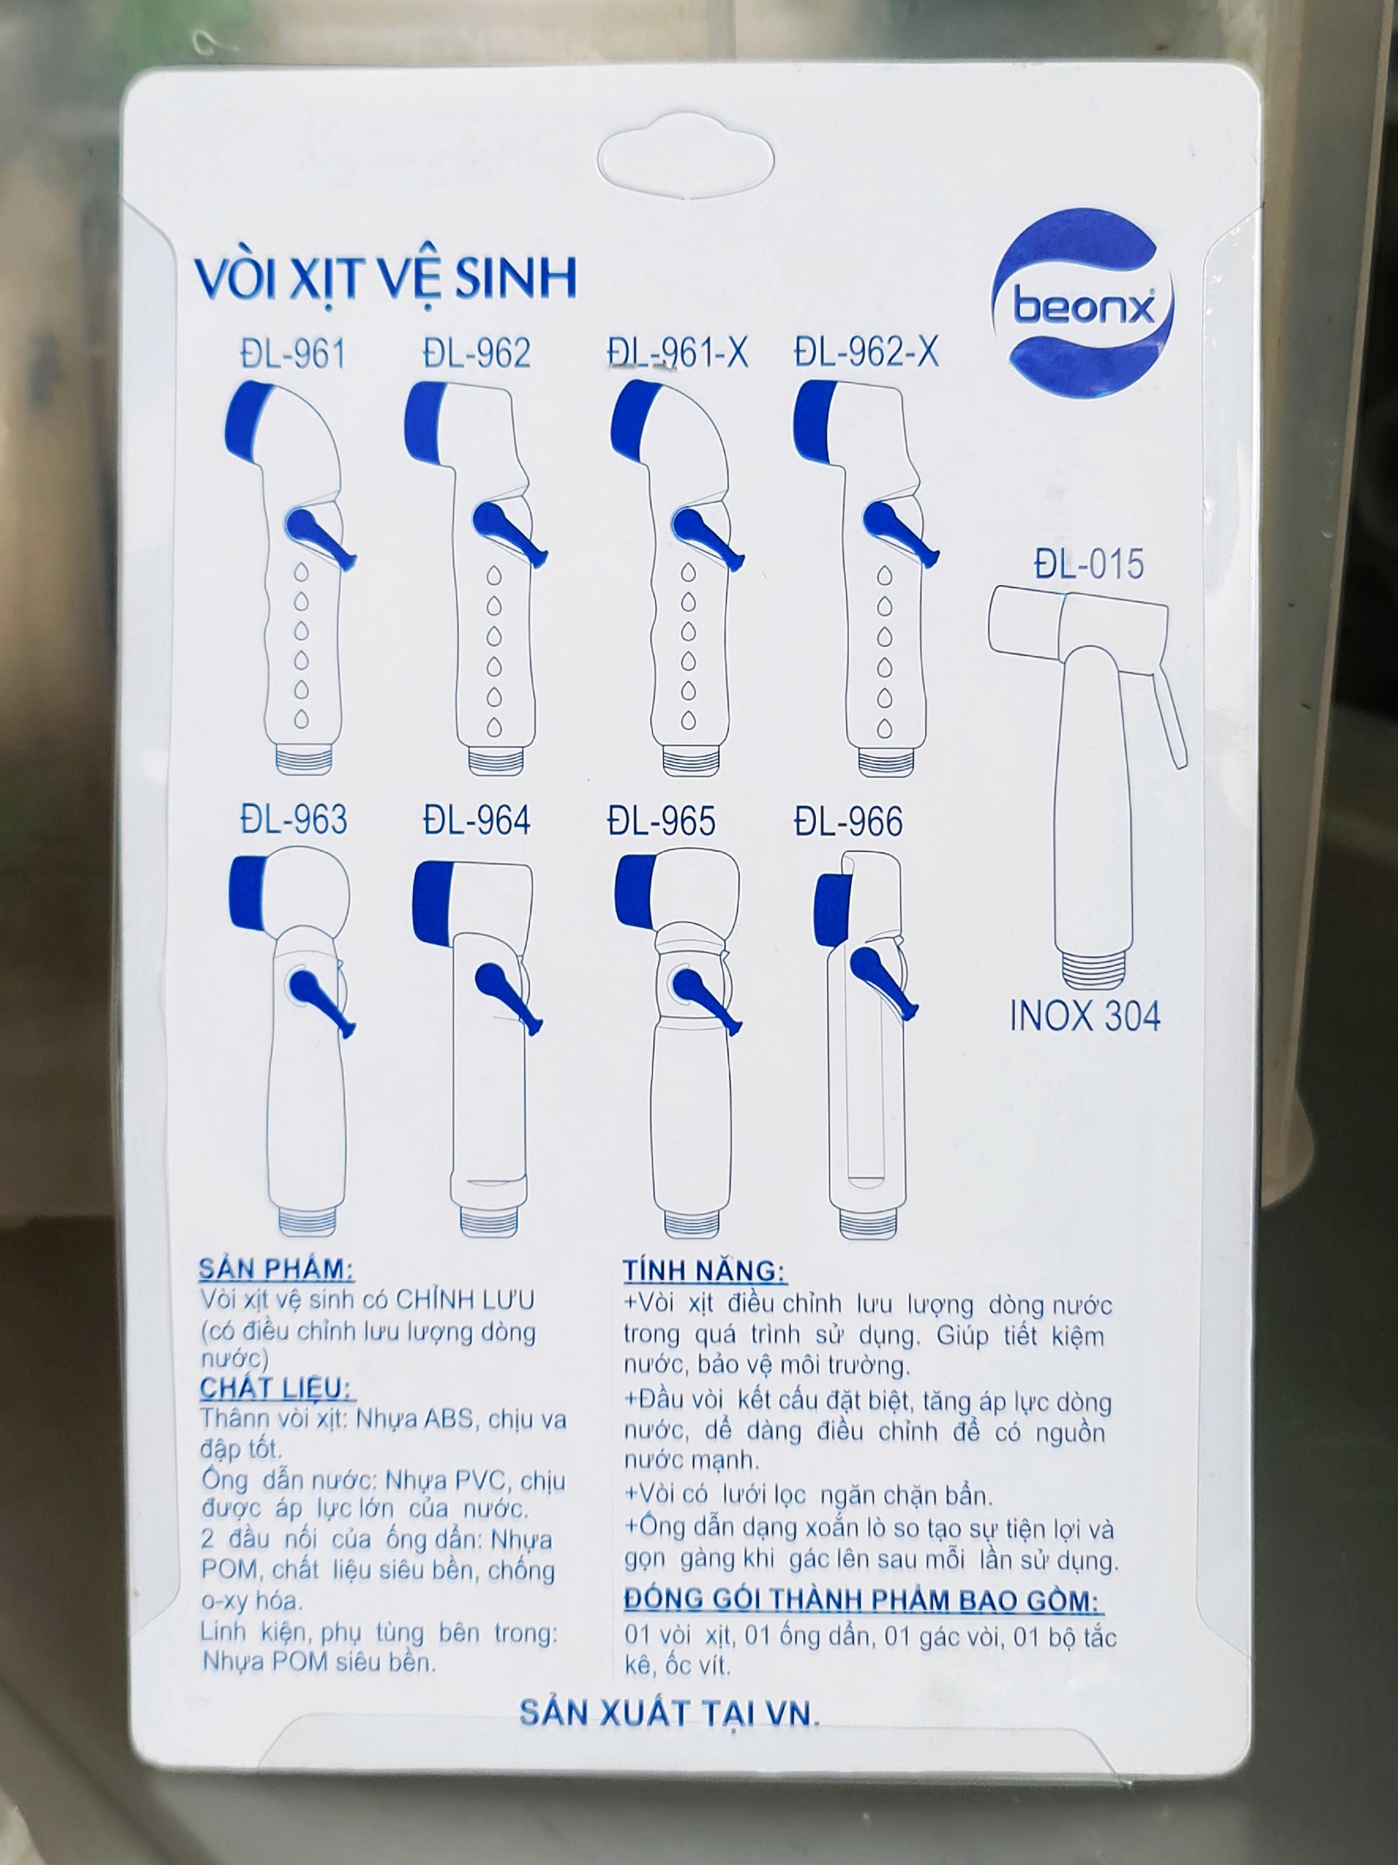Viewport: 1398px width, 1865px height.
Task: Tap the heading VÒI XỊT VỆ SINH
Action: pos(385,278)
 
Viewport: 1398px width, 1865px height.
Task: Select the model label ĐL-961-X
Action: pos(678,352)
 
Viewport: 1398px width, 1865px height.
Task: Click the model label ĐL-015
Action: pos(1088,563)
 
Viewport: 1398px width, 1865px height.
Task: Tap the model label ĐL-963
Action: pos(294,820)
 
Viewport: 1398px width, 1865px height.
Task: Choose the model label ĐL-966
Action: pos(848,821)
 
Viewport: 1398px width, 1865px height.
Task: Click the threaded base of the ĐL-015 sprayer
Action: pos(1092,969)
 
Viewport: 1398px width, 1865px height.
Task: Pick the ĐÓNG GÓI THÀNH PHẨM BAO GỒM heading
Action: pos(863,1599)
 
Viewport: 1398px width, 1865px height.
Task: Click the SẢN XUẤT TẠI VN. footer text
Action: pos(669,1713)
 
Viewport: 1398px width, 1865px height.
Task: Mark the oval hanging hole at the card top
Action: pos(685,160)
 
